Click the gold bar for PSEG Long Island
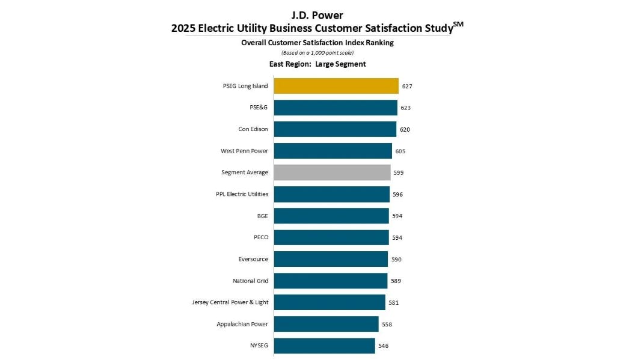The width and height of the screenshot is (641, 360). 336,86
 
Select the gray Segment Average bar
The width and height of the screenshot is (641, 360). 332,172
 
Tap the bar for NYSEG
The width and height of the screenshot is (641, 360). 324,346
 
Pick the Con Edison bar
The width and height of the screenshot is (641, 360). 335,129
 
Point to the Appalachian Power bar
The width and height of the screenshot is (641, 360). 326,324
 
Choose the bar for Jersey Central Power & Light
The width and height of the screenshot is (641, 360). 330,302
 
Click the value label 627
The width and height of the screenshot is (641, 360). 407,86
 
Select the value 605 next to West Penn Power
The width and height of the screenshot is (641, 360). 400,151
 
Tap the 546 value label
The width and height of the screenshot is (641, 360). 383,346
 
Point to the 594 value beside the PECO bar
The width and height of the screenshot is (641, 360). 397,237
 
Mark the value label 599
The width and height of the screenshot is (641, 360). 398,172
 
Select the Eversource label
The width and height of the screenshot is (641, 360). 253,259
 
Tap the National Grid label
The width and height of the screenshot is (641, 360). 250,281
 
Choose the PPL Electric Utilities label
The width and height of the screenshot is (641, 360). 242,194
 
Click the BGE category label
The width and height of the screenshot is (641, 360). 262,216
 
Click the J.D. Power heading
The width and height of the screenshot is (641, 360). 317,15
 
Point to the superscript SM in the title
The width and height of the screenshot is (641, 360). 458,24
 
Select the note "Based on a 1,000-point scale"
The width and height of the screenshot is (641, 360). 317,53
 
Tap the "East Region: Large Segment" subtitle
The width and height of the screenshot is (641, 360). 317,64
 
